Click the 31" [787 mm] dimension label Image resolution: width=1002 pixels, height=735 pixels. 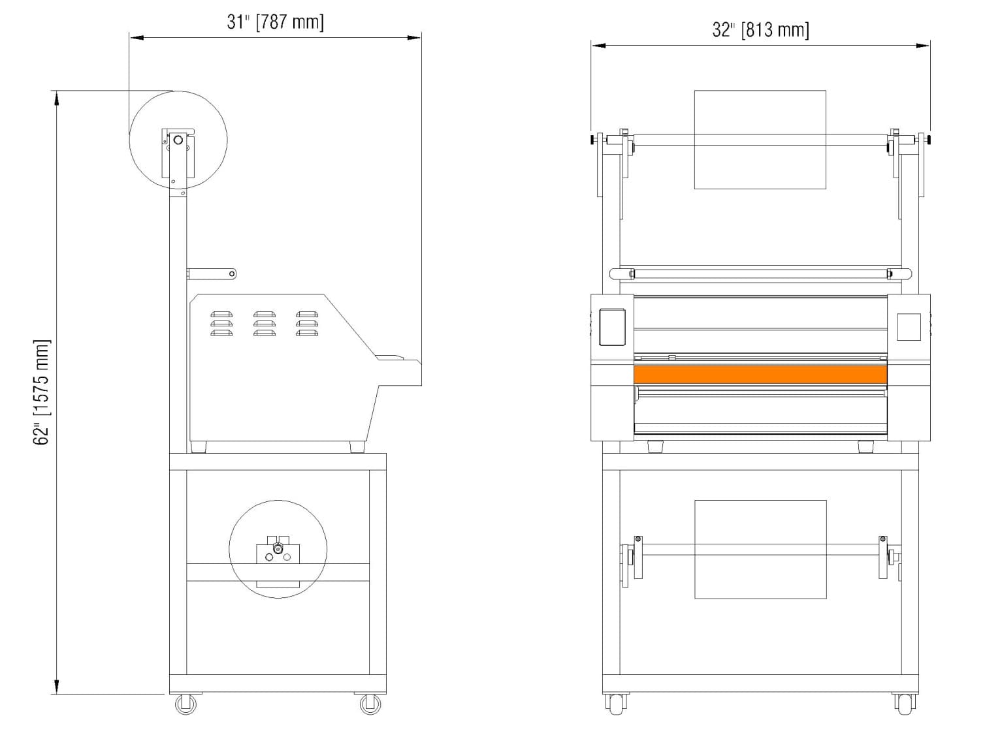(x=275, y=22)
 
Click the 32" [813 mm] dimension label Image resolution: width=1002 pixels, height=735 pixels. (x=760, y=30)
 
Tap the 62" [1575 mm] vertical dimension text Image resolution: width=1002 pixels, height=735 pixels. (x=42, y=392)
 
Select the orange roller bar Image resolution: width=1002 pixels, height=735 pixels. (x=760, y=375)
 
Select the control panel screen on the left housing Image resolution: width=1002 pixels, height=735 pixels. (x=612, y=326)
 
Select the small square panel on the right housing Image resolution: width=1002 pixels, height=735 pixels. (x=908, y=327)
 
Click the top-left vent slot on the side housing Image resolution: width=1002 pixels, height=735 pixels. (x=221, y=314)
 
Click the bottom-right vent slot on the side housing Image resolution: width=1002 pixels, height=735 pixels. (x=306, y=333)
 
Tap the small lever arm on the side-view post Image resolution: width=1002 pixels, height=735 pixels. (x=212, y=274)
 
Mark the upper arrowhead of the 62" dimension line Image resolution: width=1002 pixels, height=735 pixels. (x=57, y=98)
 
